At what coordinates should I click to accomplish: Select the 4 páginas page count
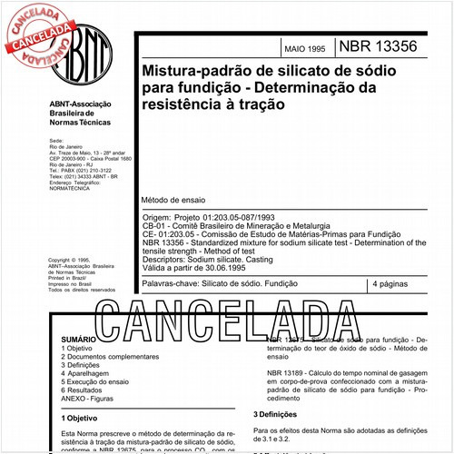click(396, 285)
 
